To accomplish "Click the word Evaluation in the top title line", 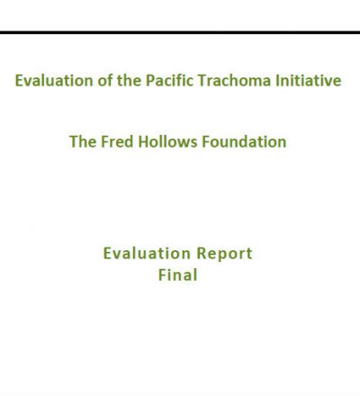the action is [x=54, y=80].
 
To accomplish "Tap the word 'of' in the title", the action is [x=104, y=80].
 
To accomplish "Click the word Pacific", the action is [x=169, y=80].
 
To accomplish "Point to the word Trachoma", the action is [x=234, y=80].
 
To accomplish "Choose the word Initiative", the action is [x=309, y=80].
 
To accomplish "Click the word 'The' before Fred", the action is [x=83, y=141].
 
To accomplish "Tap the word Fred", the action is [x=117, y=141].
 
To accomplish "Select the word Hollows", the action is [x=167, y=141].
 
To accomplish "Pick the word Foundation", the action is [x=244, y=141].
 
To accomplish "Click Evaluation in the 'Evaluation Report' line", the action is [x=147, y=254].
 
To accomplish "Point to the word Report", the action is [x=225, y=254].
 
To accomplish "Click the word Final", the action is [x=178, y=274].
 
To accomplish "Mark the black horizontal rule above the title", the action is [x=180, y=32].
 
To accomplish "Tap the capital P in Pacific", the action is [x=150, y=81].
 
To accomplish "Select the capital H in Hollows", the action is [x=143, y=142].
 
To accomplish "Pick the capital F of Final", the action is [x=162, y=275].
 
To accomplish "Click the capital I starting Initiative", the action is [x=277, y=81].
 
